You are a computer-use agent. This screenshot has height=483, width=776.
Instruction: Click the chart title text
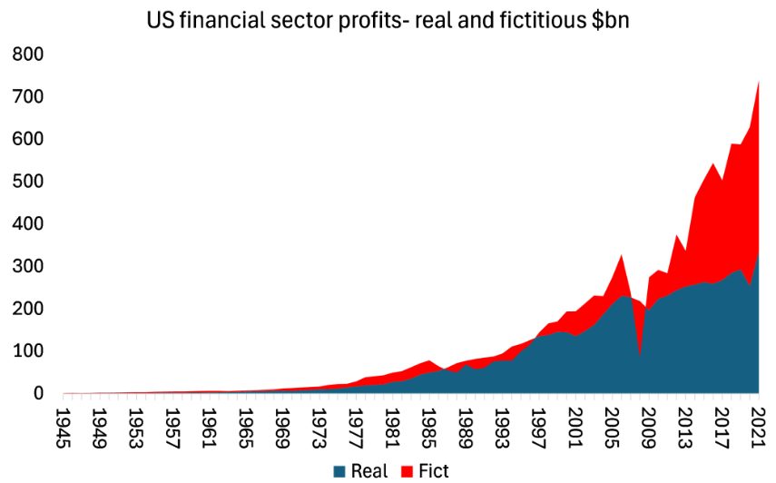(388, 21)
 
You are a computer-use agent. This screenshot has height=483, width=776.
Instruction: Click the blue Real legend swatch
(340, 470)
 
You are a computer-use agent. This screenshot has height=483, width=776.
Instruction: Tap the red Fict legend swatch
(408, 470)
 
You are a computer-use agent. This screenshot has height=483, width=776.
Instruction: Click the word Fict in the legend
(433, 470)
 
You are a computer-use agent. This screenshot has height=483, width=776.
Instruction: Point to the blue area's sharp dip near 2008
(640, 356)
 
